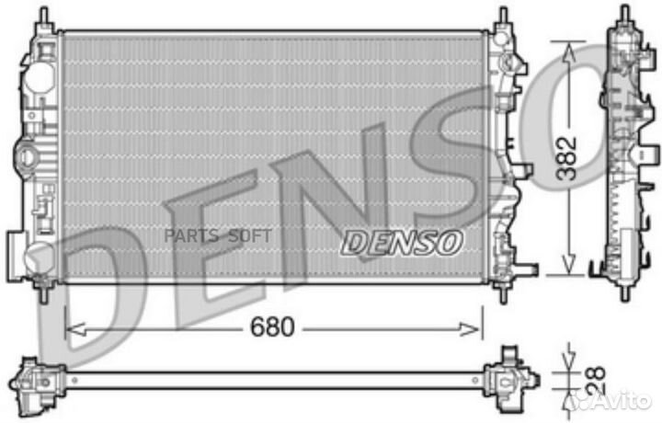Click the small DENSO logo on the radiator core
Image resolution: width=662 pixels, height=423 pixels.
coord(401,242)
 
